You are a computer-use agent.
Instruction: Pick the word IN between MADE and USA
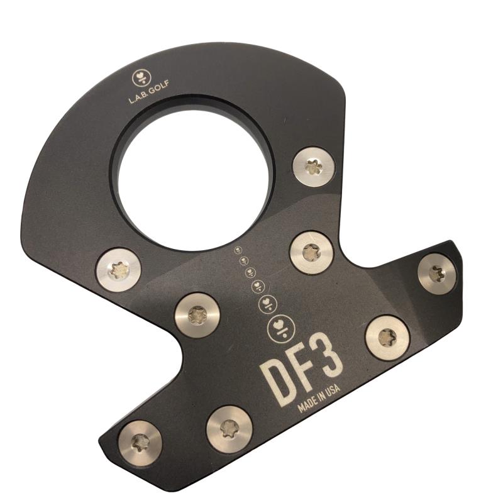coord(321,396)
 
